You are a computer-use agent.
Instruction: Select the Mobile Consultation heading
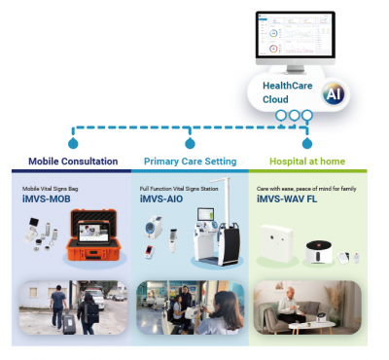pyautogui.click(x=73, y=162)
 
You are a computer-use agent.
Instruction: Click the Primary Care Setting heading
pyautogui.click(x=190, y=162)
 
